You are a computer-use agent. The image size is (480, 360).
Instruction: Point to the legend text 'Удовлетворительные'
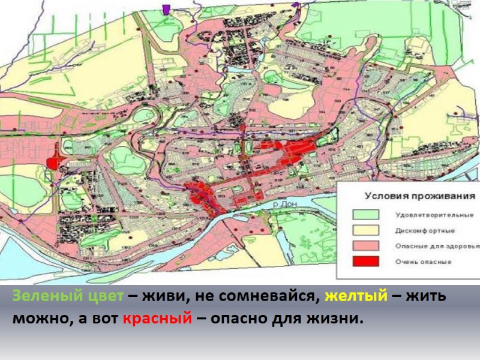pos(434,215)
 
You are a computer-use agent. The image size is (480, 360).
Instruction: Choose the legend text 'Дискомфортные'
pos(424,230)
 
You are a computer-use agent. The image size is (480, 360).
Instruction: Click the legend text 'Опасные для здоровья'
pos(436,247)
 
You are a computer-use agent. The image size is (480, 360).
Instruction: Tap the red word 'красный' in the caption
pos(158,318)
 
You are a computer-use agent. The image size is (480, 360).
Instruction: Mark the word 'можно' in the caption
pos(35,318)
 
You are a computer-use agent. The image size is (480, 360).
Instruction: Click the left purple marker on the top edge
pos(166,8)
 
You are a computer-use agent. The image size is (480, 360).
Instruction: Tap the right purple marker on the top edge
pos(295,5)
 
